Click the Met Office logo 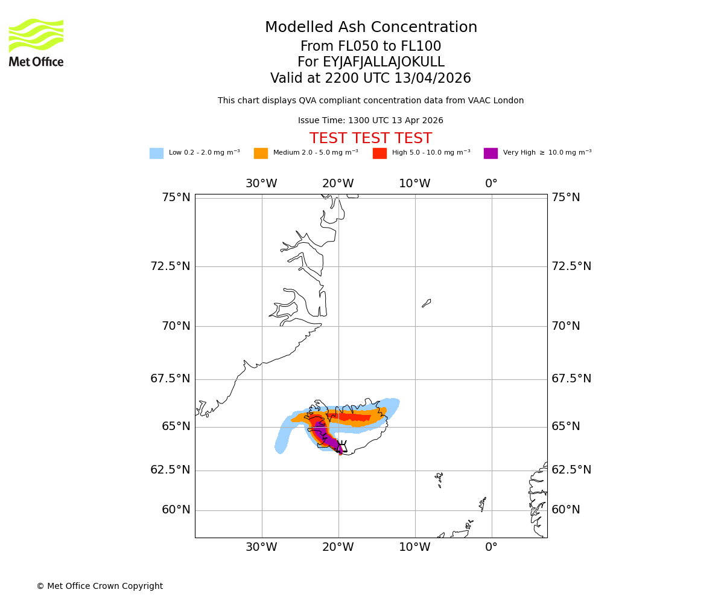pyautogui.click(x=36, y=42)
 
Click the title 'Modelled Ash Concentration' pyautogui.click(x=371, y=28)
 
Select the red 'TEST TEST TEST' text pyautogui.click(x=370, y=139)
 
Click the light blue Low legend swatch pyautogui.click(x=156, y=153)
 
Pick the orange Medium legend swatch pyautogui.click(x=261, y=153)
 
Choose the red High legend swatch pyautogui.click(x=379, y=153)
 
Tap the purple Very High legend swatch pyautogui.click(x=491, y=153)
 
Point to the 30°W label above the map pyautogui.click(x=261, y=184)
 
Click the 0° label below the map pyautogui.click(x=492, y=547)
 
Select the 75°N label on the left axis pyautogui.click(x=176, y=198)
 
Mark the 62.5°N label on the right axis pyautogui.click(x=571, y=470)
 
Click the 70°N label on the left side pyautogui.click(x=176, y=326)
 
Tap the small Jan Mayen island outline pyautogui.click(x=427, y=303)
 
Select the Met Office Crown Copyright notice pyautogui.click(x=100, y=586)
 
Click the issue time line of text pyautogui.click(x=370, y=121)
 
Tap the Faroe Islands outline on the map pyautogui.click(x=439, y=479)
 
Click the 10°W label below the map pyautogui.click(x=414, y=547)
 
